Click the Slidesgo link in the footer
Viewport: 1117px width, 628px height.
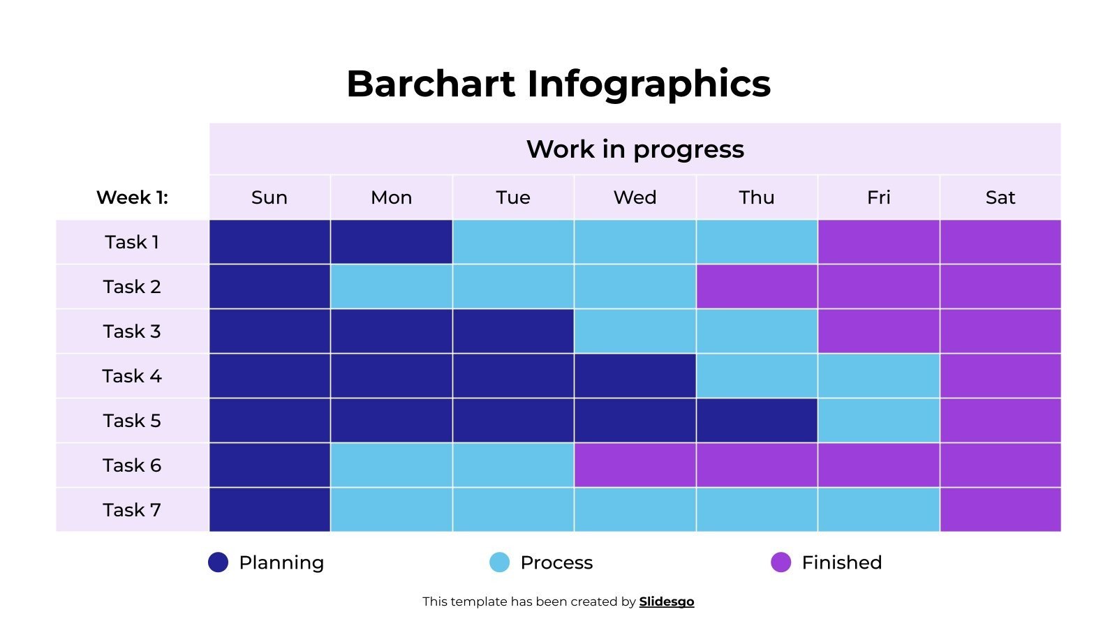pos(666,601)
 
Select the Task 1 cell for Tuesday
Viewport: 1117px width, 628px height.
pos(513,242)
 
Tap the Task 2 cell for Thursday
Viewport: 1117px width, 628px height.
pos(757,287)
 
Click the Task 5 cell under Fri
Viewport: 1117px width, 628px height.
pos(878,421)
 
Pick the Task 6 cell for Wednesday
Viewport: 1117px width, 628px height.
pos(635,465)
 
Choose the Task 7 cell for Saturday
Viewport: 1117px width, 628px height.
pos(1000,510)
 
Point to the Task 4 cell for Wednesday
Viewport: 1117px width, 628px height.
pos(635,376)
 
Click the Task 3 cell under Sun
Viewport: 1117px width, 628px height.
pos(269,331)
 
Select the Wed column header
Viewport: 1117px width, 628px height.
pos(635,197)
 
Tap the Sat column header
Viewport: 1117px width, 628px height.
pos(1000,197)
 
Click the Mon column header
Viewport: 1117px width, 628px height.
pos(391,197)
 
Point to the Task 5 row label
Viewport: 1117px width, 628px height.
pos(132,421)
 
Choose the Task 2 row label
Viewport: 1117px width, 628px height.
pos(132,287)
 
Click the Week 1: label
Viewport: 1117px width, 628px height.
pos(132,197)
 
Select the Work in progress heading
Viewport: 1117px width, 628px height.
pos(635,149)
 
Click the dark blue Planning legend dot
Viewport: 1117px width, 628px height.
pos(219,562)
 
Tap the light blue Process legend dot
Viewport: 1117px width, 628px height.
pos(500,562)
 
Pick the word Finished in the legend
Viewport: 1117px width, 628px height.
pos(841,562)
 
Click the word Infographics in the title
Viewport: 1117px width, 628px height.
pos(649,84)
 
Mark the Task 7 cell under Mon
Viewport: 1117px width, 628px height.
pos(391,510)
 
